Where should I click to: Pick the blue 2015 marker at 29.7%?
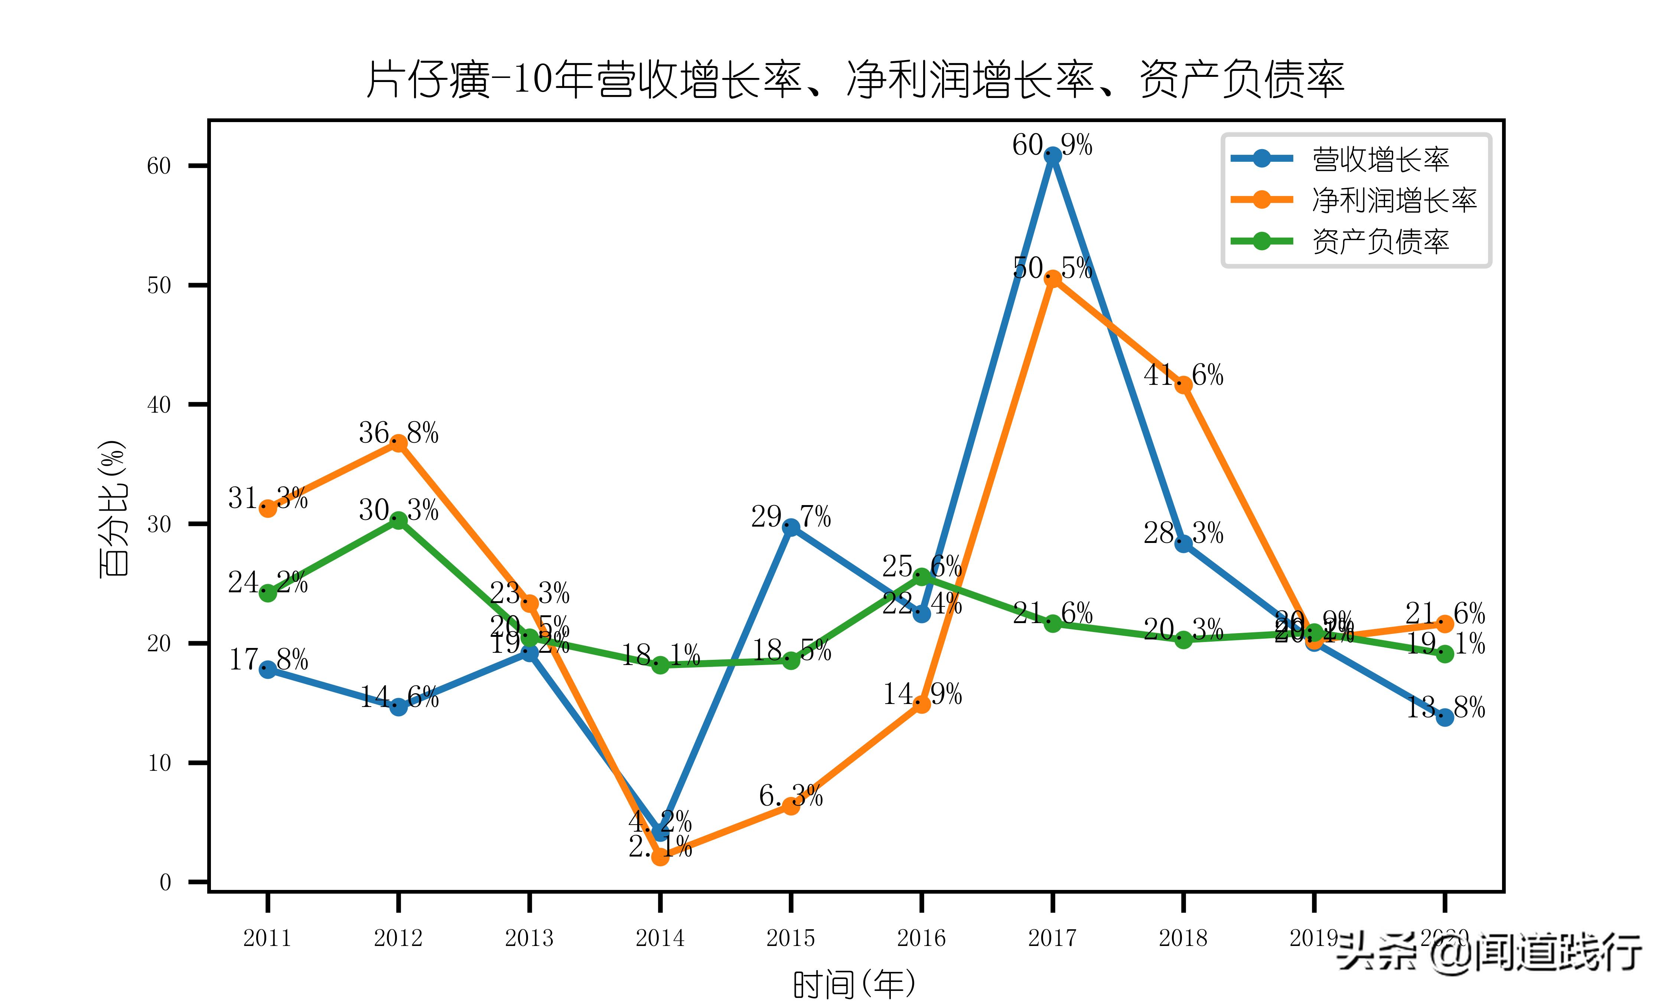791,527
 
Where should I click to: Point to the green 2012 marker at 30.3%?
398,520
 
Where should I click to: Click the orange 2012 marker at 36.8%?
398,443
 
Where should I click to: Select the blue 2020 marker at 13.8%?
1445,717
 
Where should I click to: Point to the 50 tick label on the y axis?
159,286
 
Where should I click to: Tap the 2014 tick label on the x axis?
660,938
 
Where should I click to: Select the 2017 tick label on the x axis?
1052,938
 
